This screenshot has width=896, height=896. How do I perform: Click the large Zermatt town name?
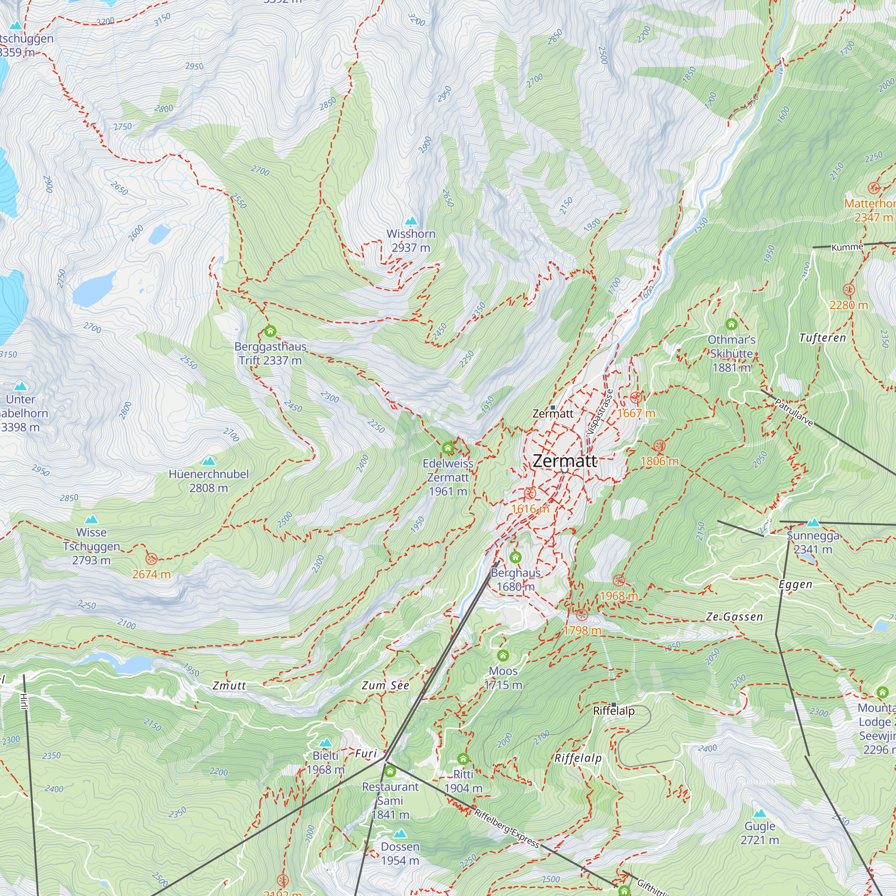point(564,461)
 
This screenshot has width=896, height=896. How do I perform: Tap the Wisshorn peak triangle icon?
point(411,221)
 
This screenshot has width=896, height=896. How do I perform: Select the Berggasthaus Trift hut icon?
point(270,331)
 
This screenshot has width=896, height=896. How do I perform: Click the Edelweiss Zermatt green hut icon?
point(448,448)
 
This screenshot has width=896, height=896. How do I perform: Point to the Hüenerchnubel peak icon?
point(209,461)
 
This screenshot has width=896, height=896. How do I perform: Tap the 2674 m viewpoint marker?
point(151,558)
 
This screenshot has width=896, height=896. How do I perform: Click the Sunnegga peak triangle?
point(813,523)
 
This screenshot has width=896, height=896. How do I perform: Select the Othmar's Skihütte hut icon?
point(732,324)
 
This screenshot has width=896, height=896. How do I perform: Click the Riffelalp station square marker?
point(614,705)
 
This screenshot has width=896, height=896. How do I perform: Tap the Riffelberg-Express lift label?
point(507,828)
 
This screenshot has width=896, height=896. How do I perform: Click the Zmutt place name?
point(229,686)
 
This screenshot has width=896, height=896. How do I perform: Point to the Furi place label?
point(366,754)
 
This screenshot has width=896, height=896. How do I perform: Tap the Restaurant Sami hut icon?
point(390,771)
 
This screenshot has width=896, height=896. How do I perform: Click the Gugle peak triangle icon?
point(760,814)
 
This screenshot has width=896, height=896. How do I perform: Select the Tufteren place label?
point(822,338)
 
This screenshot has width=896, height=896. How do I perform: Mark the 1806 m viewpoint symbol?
point(659,446)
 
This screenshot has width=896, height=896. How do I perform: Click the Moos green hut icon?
point(503,655)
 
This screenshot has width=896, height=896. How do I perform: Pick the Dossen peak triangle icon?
point(400,834)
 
